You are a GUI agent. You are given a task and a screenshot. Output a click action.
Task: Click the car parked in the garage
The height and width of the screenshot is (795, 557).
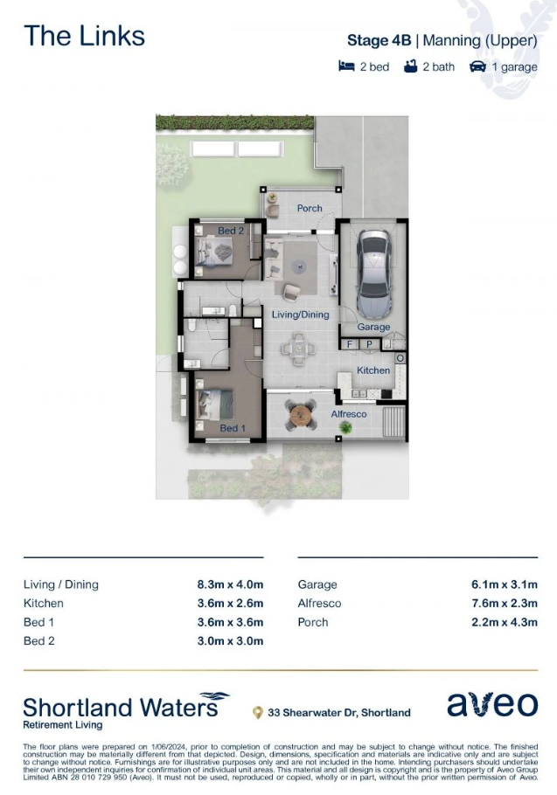click(374, 273)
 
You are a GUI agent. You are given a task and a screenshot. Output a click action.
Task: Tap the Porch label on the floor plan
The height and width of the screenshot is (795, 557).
click(310, 208)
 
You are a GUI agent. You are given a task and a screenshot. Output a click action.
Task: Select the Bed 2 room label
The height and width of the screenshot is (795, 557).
click(231, 231)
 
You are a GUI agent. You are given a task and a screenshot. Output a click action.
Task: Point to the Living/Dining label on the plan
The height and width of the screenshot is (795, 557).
click(300, 315)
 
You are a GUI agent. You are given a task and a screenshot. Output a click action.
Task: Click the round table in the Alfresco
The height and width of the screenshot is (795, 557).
click(301, 415)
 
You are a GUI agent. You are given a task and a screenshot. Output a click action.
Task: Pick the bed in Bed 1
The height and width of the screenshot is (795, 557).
click(214, 404)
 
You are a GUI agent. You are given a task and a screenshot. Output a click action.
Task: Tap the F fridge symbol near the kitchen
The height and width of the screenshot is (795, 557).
click(350, 344)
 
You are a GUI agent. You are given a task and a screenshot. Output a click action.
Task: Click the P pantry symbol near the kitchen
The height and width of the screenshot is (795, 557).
click(369, 344)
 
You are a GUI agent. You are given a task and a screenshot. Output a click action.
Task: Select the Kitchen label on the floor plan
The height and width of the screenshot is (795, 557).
click(373, 370)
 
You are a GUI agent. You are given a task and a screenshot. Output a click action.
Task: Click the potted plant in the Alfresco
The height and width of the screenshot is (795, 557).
click(346, 428)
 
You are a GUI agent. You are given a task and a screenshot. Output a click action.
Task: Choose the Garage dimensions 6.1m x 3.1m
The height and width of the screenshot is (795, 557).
click(505, 584)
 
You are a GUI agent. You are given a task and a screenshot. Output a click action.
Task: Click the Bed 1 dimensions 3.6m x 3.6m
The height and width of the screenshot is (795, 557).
click(230, 622)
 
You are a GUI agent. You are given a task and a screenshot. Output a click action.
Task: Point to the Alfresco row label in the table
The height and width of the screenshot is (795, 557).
click(319, 604)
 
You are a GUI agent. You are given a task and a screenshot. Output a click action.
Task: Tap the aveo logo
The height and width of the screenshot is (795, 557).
click(492, 705)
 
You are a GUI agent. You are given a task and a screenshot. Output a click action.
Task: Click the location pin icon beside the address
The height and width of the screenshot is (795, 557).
click(258, 713)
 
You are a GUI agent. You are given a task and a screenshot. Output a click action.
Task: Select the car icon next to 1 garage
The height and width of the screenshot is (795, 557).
click(477, 66)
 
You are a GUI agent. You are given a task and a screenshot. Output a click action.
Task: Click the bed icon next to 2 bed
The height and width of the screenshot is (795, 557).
click(346, 66)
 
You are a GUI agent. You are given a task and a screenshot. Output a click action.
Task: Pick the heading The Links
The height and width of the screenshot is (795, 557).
click(84, 36)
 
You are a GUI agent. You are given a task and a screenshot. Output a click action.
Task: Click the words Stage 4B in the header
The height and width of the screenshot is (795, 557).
click(379, 40)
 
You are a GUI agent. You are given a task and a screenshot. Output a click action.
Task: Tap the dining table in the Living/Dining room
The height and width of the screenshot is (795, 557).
click(298, 349)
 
